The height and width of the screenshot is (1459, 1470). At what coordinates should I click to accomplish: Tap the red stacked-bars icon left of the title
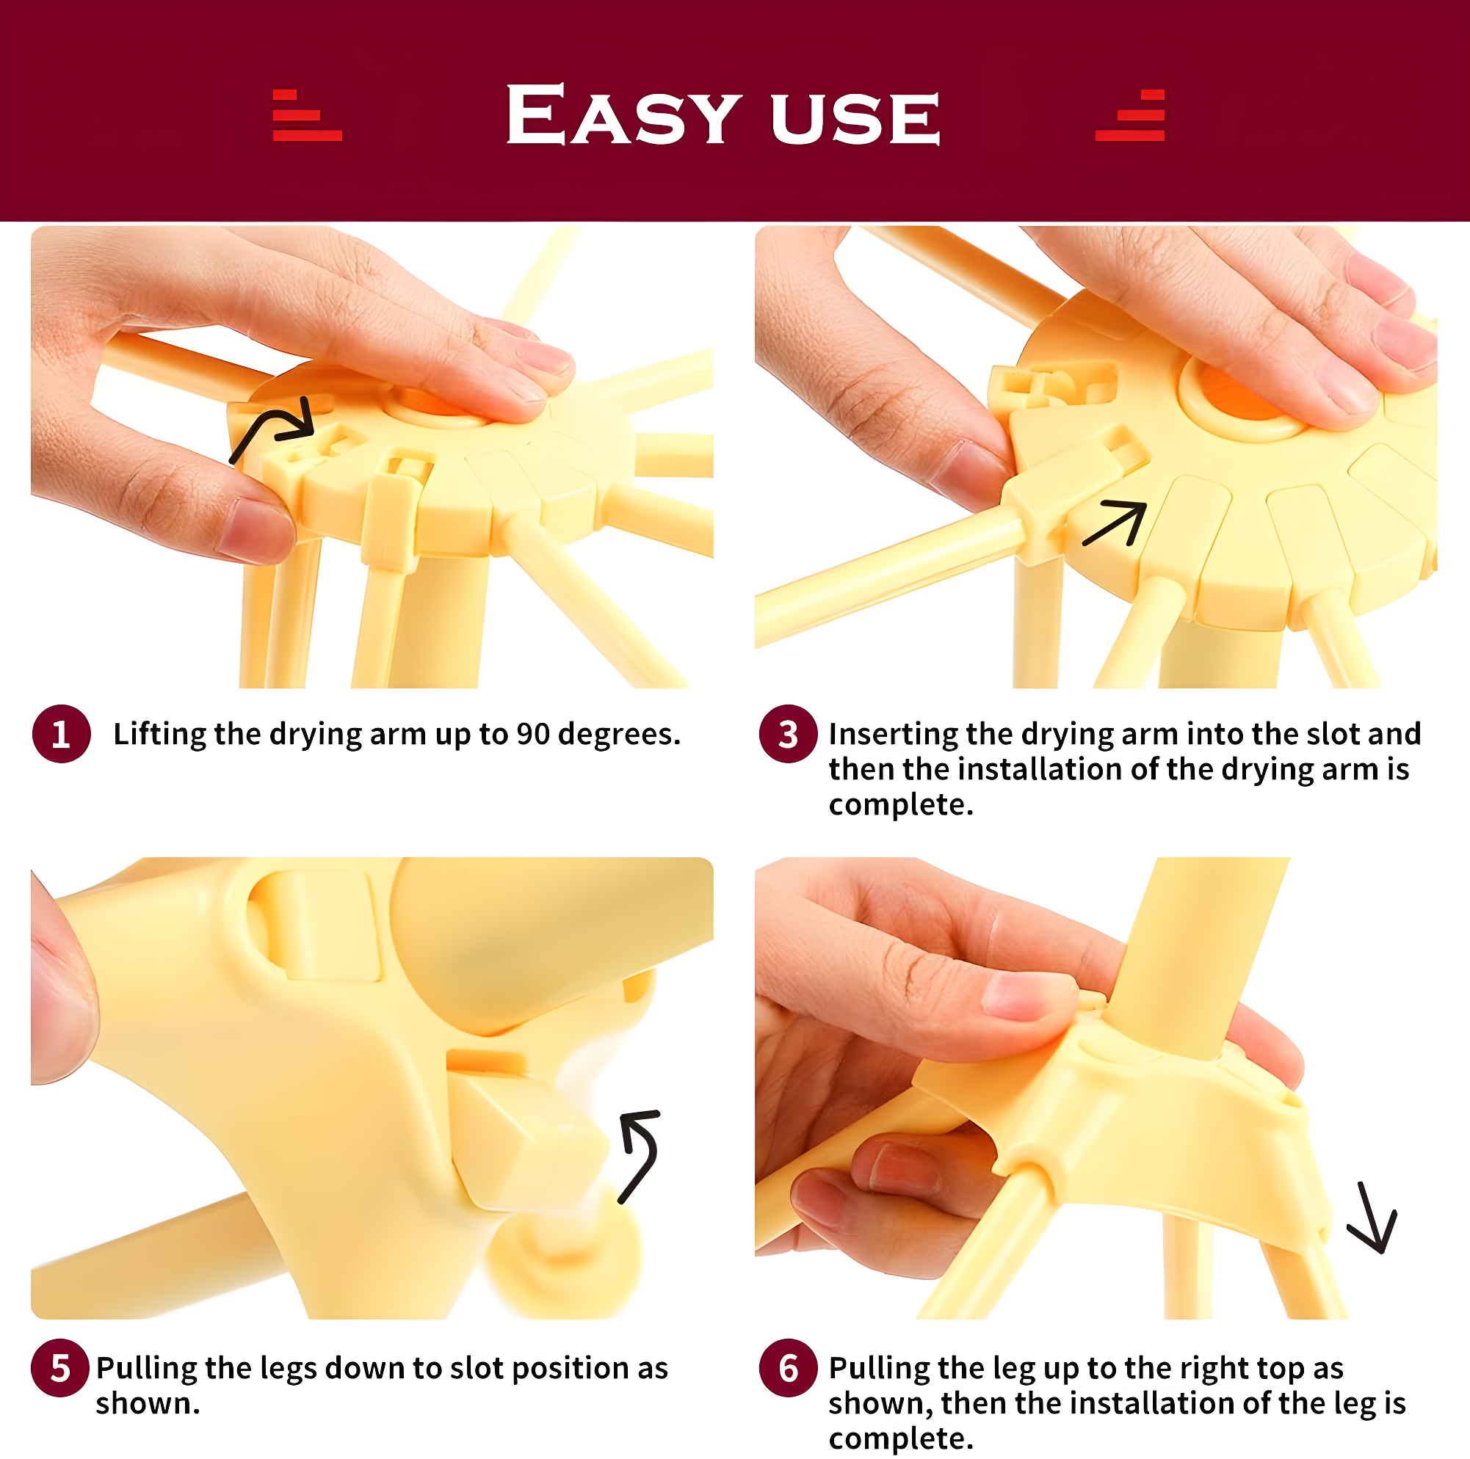pyautogui.click(x=307, y=116)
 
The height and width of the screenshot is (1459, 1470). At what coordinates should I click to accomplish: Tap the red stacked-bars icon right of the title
pyautogui.click(x=1131, y=116)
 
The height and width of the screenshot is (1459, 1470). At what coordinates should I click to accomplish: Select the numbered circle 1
pyautogui.click(x=62, y=734)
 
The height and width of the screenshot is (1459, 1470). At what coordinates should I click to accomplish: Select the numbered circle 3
pyautogui.click(x=789, y=734)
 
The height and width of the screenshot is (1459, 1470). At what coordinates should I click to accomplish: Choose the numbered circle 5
pyautogui.click(x=60, y=1368)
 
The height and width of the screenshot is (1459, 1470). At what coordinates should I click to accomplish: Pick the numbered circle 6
pyautogui.click(x=789, y=1368)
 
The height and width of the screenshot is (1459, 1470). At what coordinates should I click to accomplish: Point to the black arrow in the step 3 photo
pyautogui.click(x=1116, y=523)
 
